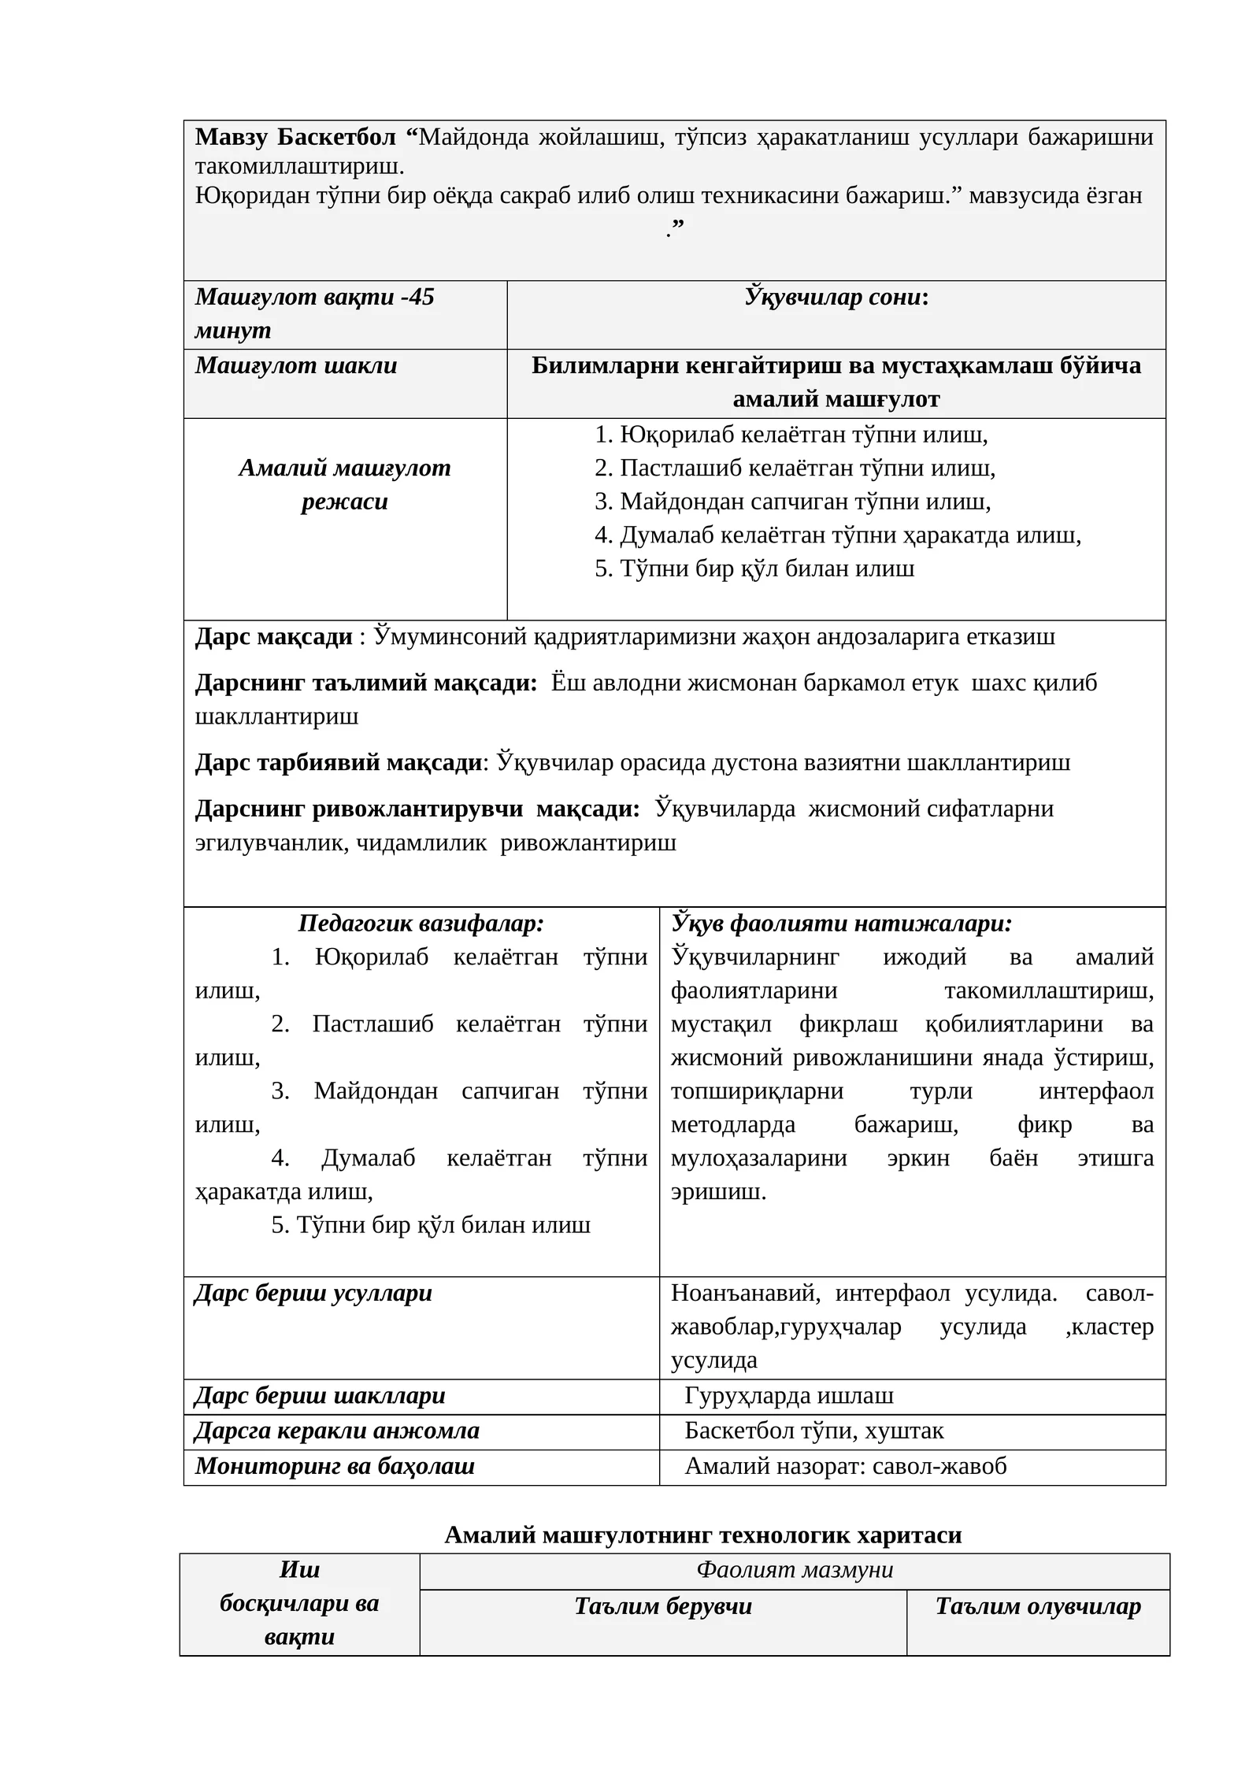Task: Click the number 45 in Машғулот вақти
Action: point(421,297)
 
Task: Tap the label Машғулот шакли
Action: point(296,365)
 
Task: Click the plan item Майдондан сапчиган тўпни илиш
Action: point(792,502)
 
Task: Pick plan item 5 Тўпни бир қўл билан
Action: point(754,568)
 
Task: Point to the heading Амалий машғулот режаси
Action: point(345,484)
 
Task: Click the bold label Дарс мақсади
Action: point(273,636)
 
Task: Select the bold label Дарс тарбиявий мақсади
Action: point(339,762)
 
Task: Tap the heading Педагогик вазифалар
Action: point(421,924)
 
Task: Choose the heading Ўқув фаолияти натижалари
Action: point(841,924)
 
